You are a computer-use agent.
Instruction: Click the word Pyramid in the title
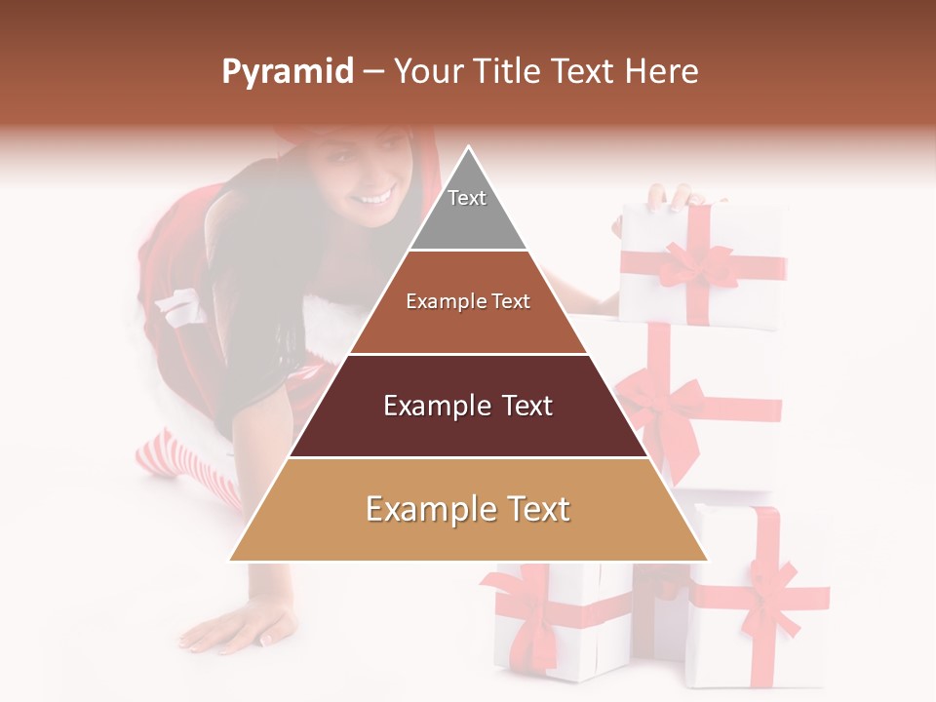click(287, 72)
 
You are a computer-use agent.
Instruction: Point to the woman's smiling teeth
click(374, 198)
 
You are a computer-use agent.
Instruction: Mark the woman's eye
click(352, 157)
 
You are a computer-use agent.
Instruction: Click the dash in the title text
click(372, 72)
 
